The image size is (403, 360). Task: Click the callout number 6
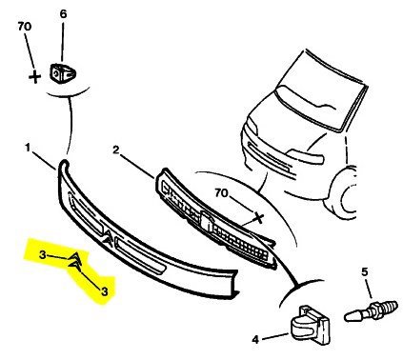pyautogui.click(x=63, y=14)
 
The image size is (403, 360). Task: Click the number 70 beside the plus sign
pyautogui.click(x=25, y=27)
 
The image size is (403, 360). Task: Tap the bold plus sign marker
pyautogui.click(x=34, y=77)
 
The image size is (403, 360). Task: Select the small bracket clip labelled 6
pyautogui.click(x=63, y=73)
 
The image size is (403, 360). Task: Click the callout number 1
pyautogui.click(x=29, y=148)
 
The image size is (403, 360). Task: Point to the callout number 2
pyautogui.click(x=116, y=150)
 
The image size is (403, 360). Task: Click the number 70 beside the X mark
pyautogui.click(x=222, y=192)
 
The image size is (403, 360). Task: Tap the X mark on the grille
pyautogui.click(x=259, y=218)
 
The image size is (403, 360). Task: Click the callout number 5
pyautogui.click(x=364, y=271)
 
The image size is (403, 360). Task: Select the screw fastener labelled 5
pyautogui.click(x=371, y=310)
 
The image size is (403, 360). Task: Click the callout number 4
pyautogui.click(x=255, y=340)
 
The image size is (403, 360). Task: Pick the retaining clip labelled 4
pyautogui.click(x=311, y=325)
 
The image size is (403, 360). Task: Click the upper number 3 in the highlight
pyautogui.click(x=43, y=254)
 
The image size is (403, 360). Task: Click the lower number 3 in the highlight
pyautogui.click(x=105, y=291)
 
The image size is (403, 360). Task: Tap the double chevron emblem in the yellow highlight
pyautogui.click(x=75, y=262)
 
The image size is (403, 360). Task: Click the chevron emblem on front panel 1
pyautogui.click(x=108, y=238)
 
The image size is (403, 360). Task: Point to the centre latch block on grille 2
pyautogui.click(x=206, y=220)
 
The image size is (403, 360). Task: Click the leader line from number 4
pyautogui.click(x=275, y=336)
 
